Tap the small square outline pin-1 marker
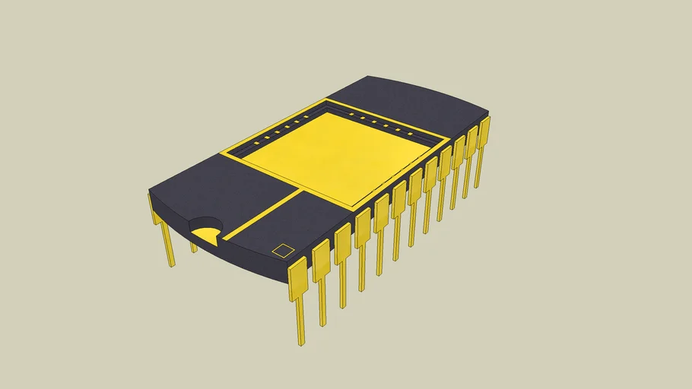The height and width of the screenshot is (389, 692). [283, 249]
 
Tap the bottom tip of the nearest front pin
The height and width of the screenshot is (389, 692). [302, 342]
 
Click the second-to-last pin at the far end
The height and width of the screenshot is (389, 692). [471, 142]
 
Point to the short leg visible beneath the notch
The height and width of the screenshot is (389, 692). [194, 247]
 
